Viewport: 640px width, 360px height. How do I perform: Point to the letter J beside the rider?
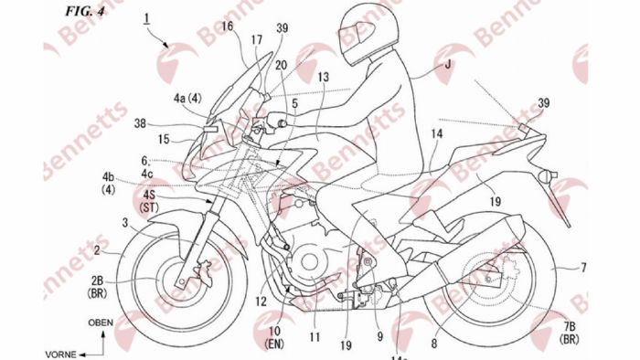[447, 64]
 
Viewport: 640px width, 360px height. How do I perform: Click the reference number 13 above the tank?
[322, 79]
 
